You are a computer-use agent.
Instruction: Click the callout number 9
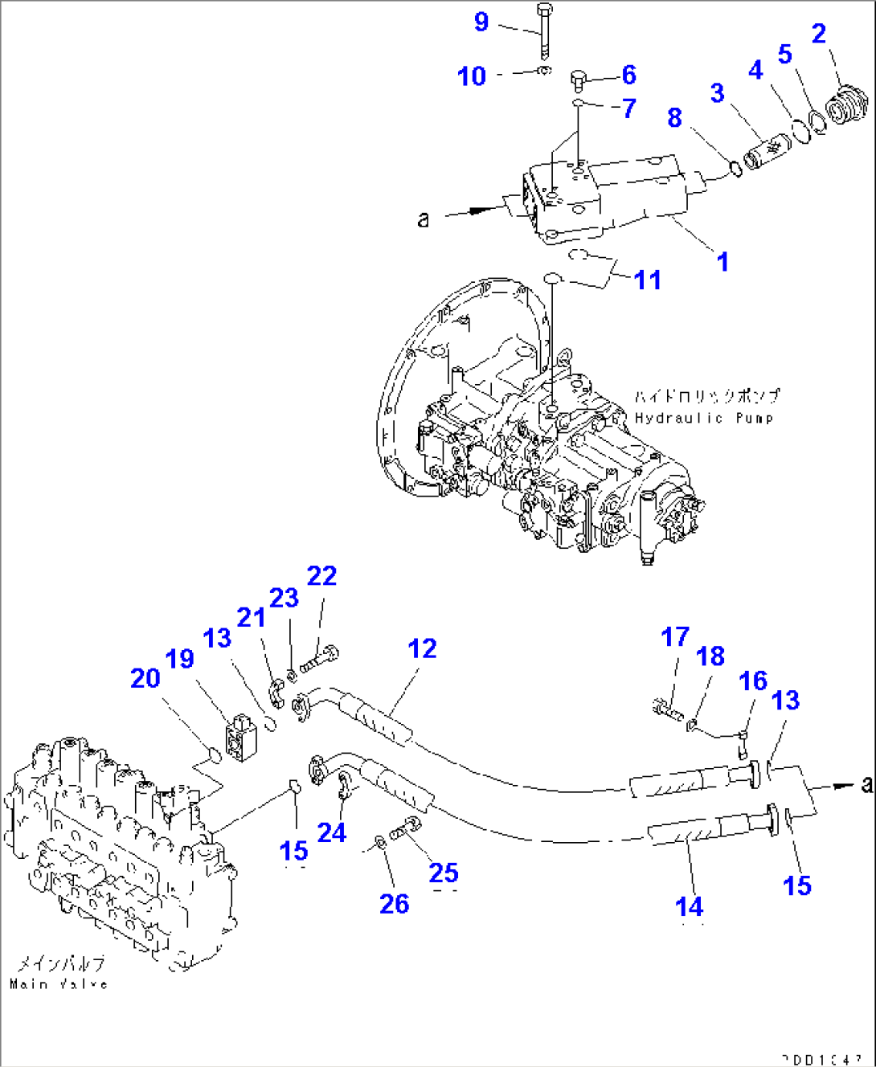[481, 22]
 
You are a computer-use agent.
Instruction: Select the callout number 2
[818, 34]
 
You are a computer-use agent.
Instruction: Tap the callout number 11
[648, 280]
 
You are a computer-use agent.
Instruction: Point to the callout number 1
[722, 261]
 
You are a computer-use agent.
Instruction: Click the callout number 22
[321, 576]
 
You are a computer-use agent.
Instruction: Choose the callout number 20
[145, 678]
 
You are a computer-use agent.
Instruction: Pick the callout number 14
[690, 906]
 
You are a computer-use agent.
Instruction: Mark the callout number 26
[394, 904]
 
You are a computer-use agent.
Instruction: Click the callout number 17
[675, 637]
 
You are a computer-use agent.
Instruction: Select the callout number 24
[332, 832]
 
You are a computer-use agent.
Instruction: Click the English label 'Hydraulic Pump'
[704, 418]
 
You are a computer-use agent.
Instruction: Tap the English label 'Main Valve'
[59, 983]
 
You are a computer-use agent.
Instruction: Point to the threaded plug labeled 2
[847, 107]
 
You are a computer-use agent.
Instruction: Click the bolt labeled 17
[665, 709]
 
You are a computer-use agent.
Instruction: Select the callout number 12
[422, 648]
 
